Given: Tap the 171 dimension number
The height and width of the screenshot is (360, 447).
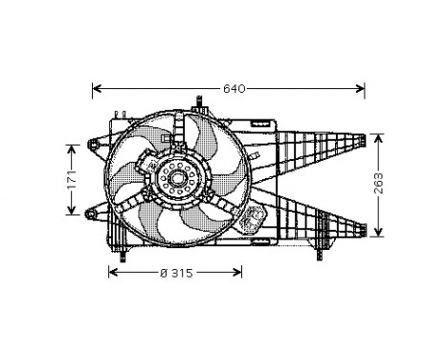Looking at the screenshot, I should tap(70, 180).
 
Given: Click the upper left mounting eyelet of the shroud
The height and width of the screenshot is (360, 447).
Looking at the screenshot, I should tap(93, 145).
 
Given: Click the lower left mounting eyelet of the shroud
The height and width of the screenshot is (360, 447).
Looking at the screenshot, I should tap(91, 213).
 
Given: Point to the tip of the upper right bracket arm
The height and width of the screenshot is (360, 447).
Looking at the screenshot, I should tap(363, 140).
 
